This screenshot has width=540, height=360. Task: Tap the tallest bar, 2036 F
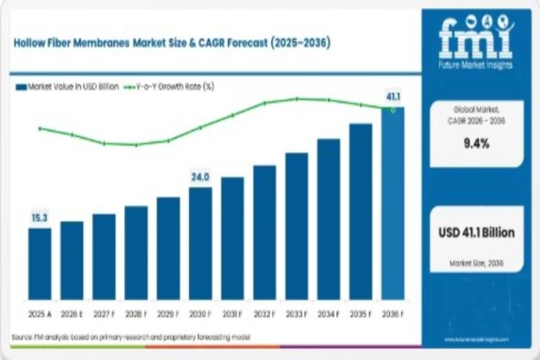[x=393, y=203]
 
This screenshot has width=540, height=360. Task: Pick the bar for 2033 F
[x=296, y=226]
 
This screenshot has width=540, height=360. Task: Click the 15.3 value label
[x=39, y=218]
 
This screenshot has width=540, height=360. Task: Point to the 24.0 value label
[x=200, y=178]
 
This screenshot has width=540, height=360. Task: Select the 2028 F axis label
[x=136, y=314]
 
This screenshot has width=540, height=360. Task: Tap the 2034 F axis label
[x=329, y=314]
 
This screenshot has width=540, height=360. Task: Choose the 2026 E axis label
[x=72, y=314]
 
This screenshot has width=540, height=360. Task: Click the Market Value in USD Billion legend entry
[x=67, y=87]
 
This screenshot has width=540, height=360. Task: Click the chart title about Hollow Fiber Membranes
[x=171, y=43]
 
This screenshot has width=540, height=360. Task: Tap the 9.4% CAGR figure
[x=477, y=143]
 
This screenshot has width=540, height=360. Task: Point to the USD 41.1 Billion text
[x=477, y=233]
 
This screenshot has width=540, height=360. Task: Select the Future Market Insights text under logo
[x=476, y=66]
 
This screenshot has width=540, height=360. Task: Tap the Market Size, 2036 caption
[x=477, y=262]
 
